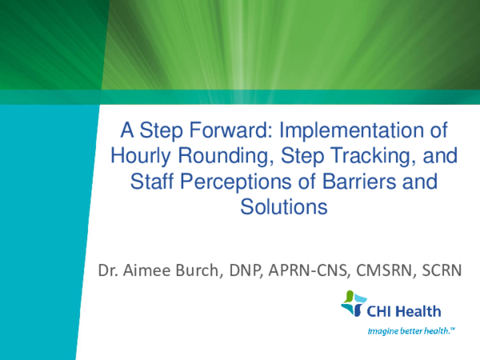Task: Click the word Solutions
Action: (283, 207)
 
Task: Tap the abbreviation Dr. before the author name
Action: (110, 271)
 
